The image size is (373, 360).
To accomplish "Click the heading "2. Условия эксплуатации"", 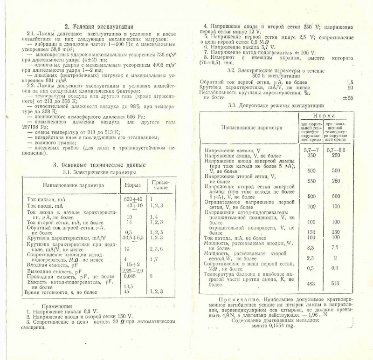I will [x=99, y=27].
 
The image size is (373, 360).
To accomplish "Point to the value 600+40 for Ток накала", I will [x=134, y=199].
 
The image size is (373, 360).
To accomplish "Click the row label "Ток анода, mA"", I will [x=45, y=205].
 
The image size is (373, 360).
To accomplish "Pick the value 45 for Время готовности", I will [x=128, y=292].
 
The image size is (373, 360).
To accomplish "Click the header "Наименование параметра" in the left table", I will [x=71, y=184].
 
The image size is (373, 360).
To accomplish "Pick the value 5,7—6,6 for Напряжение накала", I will [x=336, y=150].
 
